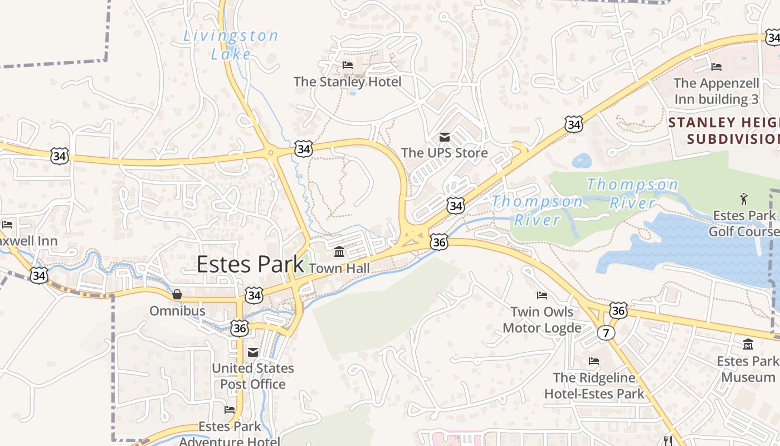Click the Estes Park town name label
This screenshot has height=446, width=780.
tap(250, 264)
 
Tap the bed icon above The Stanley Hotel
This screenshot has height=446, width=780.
tap(348, 65)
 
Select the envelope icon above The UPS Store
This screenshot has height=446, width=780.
tap(445, 137)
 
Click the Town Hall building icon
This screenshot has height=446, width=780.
tap(339, 252)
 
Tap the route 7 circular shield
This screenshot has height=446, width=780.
tap(606, 333)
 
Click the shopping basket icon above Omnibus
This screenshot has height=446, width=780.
tap(177, 294)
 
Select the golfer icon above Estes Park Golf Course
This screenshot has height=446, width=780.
tap(743, 199)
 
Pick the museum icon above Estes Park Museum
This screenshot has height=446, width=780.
tap(748, 344)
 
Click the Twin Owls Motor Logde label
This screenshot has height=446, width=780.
tap(542, 319)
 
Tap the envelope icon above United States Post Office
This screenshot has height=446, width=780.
tap(253, 351)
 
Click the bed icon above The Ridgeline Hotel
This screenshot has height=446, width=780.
tap(594, 361)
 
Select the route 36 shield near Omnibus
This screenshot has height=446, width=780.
tap(240, 328)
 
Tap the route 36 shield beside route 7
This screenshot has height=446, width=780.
tap(618, 310)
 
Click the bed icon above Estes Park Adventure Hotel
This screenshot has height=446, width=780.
tap(230, 410)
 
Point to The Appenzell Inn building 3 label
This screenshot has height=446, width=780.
tap(716, 91)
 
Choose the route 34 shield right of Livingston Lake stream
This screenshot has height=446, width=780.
tap(304, 149)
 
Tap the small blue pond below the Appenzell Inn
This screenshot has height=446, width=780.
tap(582, 161)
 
